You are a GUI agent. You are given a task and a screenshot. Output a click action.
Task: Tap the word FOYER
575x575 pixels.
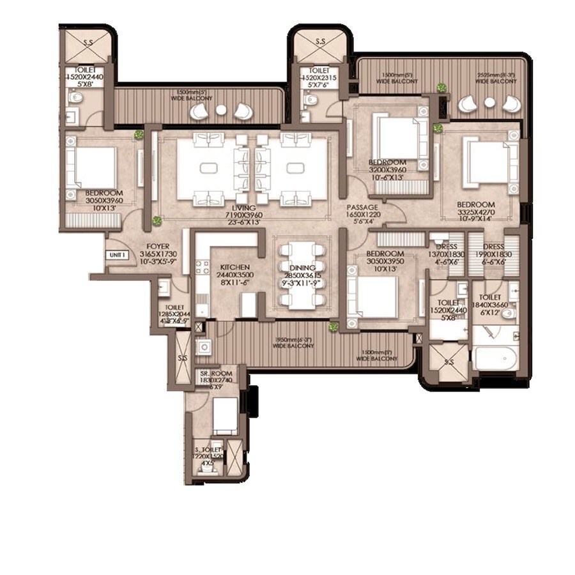157,245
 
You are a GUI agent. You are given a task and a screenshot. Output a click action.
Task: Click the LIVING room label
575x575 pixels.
244,208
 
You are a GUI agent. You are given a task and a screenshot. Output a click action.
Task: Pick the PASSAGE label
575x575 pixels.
363,208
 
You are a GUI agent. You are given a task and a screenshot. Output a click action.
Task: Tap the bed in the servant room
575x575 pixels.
224,415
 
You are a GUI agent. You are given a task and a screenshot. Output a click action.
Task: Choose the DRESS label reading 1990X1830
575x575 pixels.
494,247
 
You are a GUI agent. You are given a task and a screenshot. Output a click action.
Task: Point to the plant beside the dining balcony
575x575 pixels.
333,327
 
